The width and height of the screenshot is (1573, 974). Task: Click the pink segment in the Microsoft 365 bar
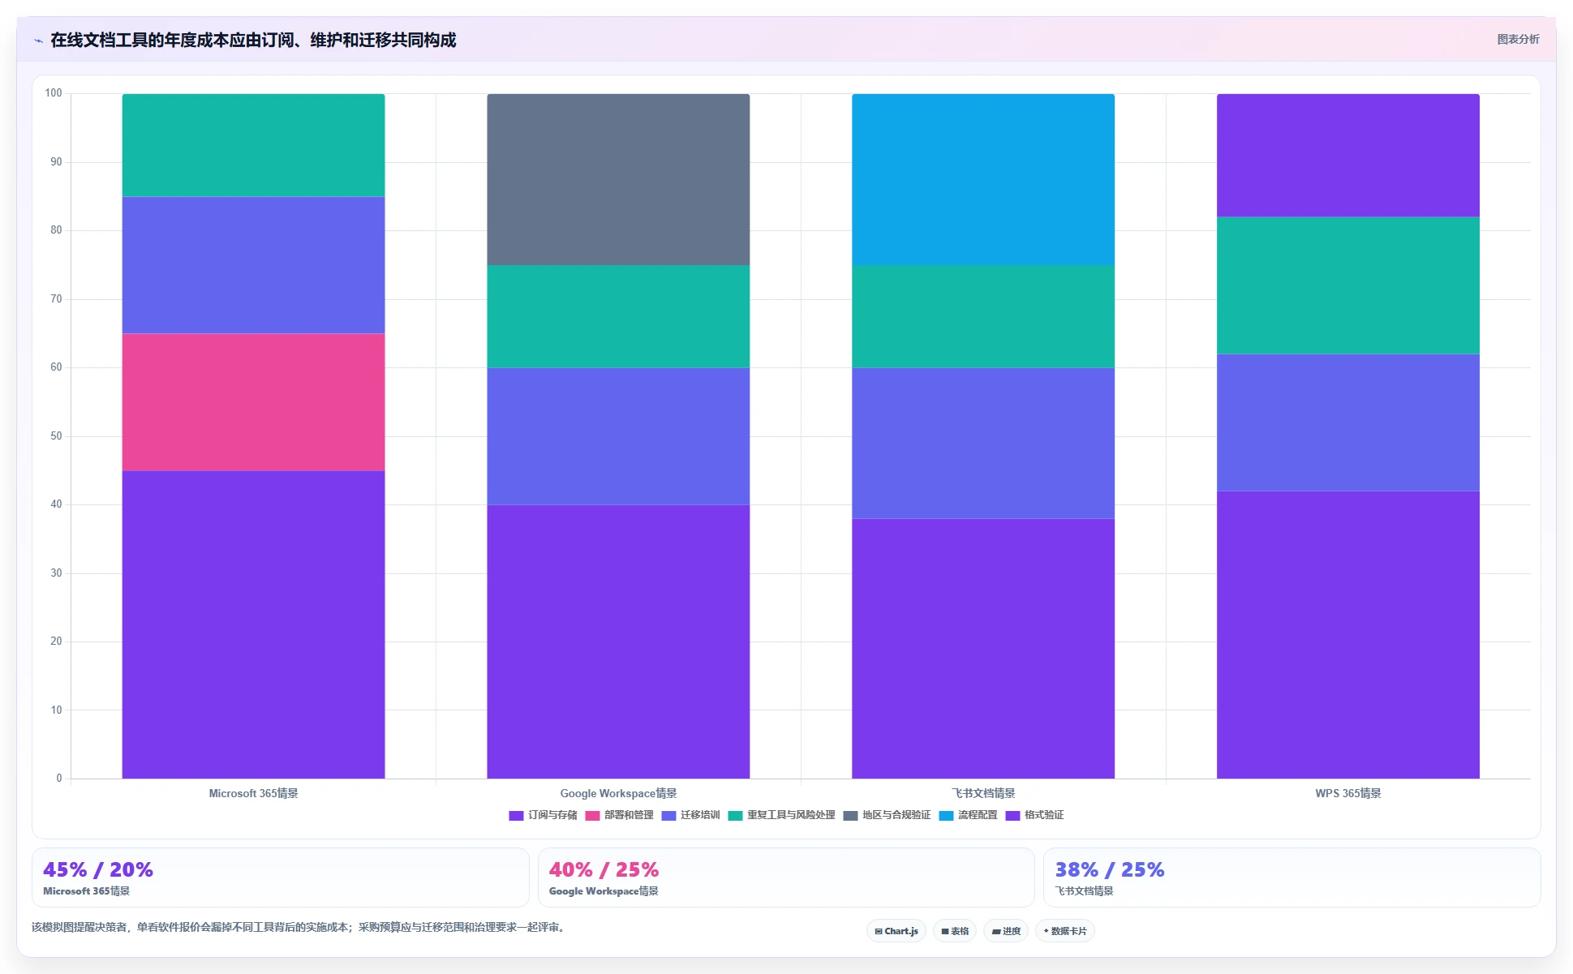point(253,402)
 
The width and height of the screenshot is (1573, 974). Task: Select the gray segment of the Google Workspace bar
point(618,179)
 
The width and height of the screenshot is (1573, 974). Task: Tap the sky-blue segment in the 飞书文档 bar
point(983,179)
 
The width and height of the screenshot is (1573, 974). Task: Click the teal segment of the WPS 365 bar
point(1348,285)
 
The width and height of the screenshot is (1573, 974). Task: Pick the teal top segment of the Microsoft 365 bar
point(253,145)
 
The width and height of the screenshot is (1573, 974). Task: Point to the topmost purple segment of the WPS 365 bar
point(1348,156)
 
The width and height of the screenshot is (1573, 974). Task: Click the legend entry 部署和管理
point(620,815)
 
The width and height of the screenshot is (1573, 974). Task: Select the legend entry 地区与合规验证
point(887,815)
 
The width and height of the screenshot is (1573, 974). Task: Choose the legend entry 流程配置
point(969,815)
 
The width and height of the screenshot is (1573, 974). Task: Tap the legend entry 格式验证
point(1035,815)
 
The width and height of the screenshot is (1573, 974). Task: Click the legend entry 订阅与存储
point(544,815)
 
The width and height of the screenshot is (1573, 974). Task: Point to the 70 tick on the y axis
point(56,299)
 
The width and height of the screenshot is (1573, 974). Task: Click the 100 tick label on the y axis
point(54,93)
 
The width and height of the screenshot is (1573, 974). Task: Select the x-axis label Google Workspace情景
point(618,793)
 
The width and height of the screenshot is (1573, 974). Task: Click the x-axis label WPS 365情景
point(1348,793)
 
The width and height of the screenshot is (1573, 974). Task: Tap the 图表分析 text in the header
point(1518,39)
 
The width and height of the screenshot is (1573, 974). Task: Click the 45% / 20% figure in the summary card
point(98,869)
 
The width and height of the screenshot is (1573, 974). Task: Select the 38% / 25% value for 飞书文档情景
point(1110,869)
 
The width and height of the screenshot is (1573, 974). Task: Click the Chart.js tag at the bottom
point(896,931)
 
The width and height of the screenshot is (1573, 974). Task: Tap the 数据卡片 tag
point(1065,931)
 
